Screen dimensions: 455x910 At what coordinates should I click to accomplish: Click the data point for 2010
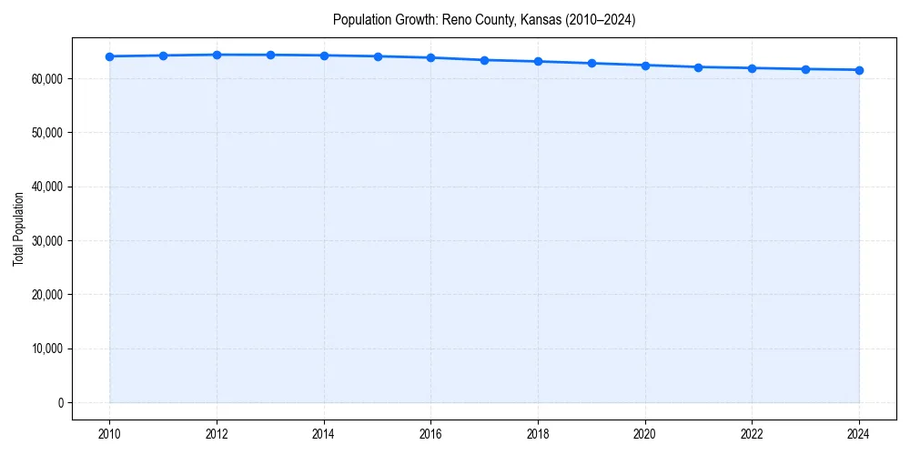[109, 56]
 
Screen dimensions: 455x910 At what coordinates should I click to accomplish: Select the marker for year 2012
[217, 55]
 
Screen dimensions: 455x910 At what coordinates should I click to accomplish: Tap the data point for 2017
[484, 60]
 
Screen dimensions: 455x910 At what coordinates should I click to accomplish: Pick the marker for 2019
[591, 63]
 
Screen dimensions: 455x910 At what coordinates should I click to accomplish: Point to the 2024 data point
[859, 70]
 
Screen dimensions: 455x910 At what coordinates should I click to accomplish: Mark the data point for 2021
[698, 67]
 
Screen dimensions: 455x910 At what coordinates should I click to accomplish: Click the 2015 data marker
[378, 56]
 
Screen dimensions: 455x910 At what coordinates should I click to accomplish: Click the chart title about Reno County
[484, 19]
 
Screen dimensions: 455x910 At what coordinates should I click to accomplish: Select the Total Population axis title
[18, 228]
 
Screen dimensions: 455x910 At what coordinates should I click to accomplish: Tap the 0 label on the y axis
[60, 403]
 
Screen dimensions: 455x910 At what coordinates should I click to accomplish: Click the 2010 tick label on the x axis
[109, 432]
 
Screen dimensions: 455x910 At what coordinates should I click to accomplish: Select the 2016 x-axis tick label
[430, 432]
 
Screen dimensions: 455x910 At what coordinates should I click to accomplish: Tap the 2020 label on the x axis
[645, 432]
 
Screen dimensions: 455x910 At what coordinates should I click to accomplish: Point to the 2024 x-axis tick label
[859, 432]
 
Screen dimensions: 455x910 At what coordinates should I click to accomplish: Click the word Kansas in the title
[535, 19]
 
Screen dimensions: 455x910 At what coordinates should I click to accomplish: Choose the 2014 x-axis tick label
[324, 432]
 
